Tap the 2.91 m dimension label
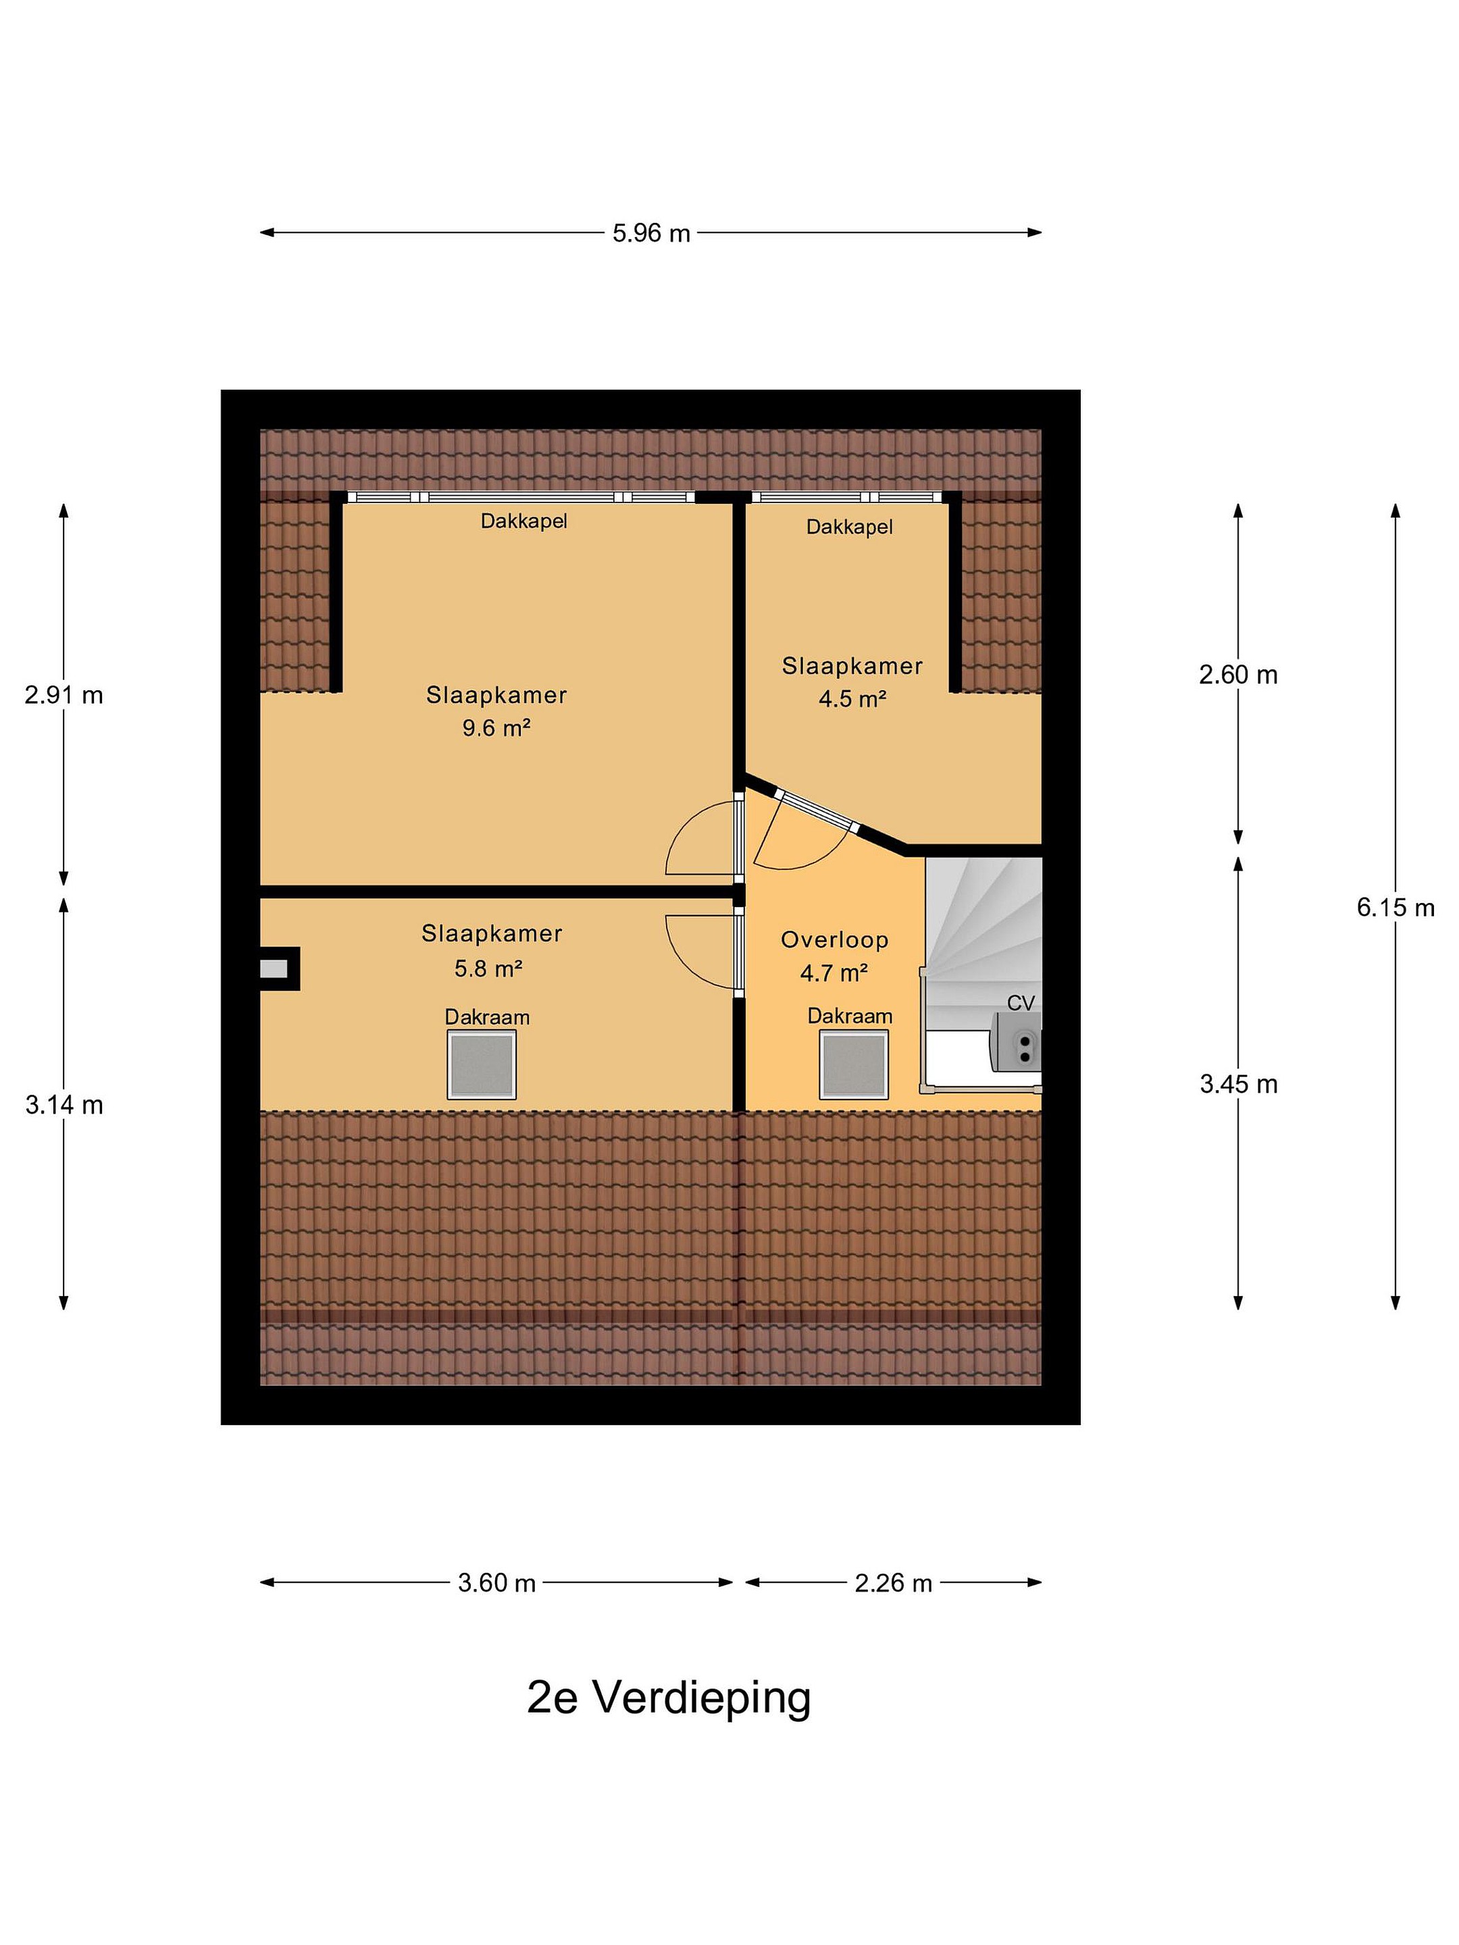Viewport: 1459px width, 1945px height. coord(64,696)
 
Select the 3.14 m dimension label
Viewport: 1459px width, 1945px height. coord(64,1106)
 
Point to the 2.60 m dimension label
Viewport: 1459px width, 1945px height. coord(1237,675)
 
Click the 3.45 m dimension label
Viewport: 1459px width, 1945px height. coord(1238,1084)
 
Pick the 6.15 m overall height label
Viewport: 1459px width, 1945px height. coord(1395,908)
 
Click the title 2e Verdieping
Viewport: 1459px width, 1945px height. coord(669,1698)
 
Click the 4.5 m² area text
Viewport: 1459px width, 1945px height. coord(852,699)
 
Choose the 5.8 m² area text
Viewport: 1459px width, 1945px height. coord(488,969)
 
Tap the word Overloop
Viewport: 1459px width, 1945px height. coord(835,940)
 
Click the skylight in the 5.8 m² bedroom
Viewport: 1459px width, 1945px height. coord(481,1065)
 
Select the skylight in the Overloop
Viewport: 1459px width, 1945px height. coord(853,1065)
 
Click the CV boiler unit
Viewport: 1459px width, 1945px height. coord(1017,1042)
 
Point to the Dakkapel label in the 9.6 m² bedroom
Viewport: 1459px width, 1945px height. coord(523,521)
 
